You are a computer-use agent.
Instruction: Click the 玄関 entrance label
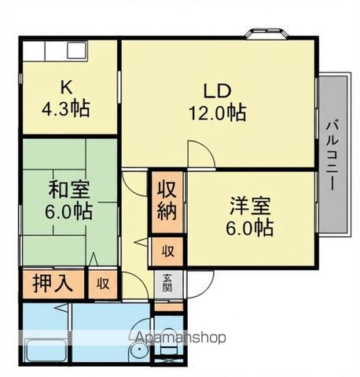click(x=167, y=280)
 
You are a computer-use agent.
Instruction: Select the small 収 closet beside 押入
click(x=102, y=283)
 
